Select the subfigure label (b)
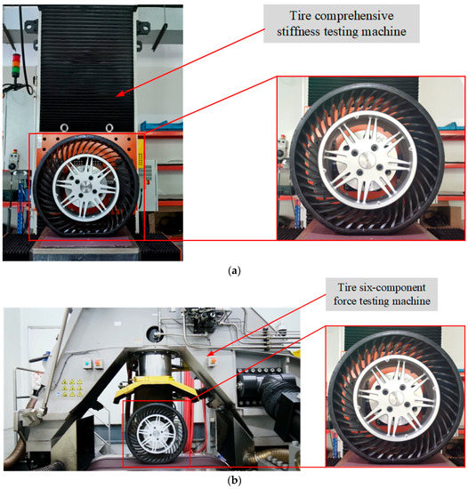(233, 479)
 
